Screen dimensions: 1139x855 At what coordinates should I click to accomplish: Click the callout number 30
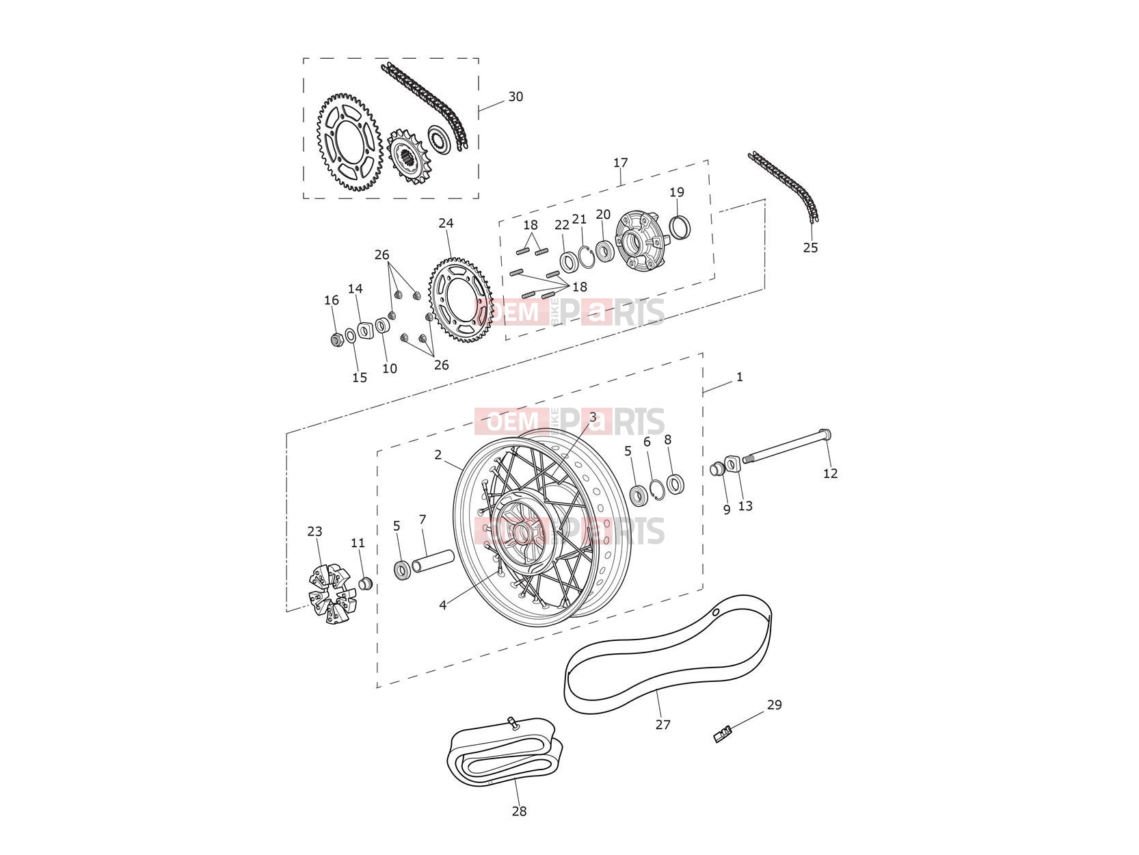tap(515, 96)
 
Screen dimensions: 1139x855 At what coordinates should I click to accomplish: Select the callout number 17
tap(620, 163)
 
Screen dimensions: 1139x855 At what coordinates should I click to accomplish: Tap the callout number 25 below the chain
tap(810, 248)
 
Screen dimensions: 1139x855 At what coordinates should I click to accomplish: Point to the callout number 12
tap(830, 473)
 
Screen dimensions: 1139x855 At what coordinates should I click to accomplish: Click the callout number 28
tap(519, 811)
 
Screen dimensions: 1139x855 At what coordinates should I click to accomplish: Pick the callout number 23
tap(314, 531)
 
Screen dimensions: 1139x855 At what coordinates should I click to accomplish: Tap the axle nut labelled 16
tap(337, 340)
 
